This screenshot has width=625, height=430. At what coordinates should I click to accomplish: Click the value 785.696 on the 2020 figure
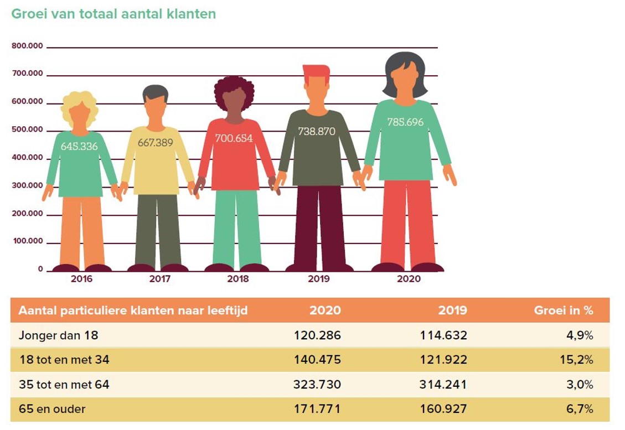[405, 122]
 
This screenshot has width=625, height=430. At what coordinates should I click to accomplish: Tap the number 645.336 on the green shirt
[79, 147]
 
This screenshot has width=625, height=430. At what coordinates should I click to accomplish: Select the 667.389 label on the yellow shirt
[155, 143]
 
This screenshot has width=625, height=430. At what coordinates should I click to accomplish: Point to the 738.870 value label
[317, 132]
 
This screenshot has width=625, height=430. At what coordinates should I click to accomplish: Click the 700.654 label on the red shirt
[234, 138]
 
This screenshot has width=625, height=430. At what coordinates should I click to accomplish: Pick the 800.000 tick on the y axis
[27, 46]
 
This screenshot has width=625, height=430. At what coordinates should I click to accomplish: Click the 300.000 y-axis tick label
[27, 185]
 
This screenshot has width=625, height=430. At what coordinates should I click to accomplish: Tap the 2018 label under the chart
[238, 279]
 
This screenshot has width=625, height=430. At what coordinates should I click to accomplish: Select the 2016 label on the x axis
[81, 279]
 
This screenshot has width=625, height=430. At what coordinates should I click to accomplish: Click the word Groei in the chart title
[28, 14]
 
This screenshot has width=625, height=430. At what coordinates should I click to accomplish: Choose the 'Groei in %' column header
[563, 310]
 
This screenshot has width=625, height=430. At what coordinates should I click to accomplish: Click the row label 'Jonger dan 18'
[59, 335]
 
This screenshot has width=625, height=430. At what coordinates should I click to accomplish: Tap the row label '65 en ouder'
[52, 410]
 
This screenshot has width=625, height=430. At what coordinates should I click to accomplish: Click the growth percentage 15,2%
[580, 360]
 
